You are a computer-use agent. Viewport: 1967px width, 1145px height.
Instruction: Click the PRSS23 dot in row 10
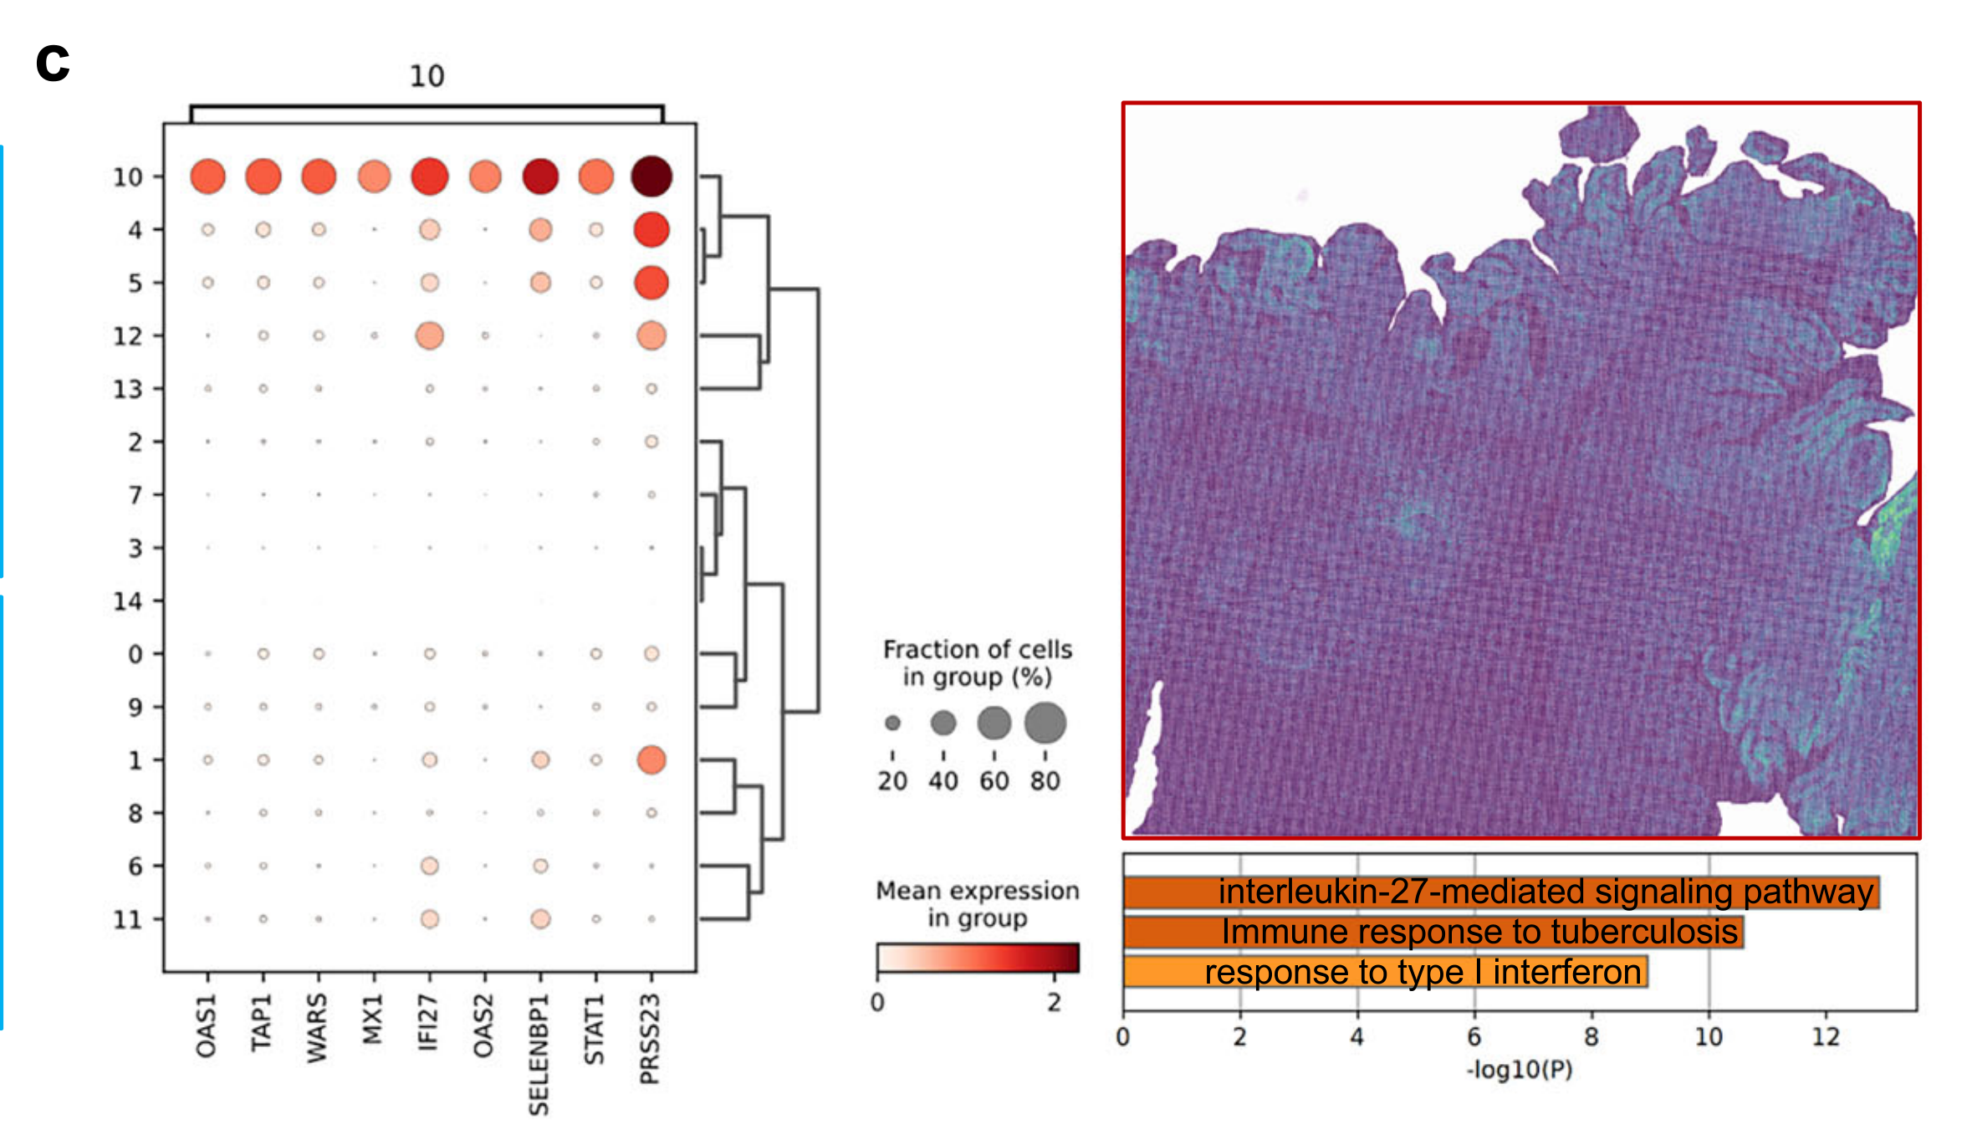(x=651, y=176)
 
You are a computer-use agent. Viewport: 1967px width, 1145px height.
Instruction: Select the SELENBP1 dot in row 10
(x=540, y=176)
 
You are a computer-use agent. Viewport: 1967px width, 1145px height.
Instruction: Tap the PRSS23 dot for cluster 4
(x=651, y=229)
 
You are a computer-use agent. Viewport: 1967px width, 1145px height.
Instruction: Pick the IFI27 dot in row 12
(x=429, y=335)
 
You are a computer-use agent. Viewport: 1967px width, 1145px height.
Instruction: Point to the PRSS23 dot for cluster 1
(x=651, y=759)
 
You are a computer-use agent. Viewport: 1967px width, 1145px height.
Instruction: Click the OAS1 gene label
(x=207, y=1025)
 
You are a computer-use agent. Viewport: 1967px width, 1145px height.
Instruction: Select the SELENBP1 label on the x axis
(x=539, y=1054)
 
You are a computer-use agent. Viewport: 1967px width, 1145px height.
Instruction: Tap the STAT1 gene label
(x=595, y=1029)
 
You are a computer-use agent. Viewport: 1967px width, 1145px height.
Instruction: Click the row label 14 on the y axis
(x=127, y=601)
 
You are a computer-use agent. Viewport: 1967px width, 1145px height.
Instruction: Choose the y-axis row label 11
(x=127, y=919)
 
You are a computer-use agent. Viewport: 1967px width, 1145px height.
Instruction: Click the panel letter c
(x=53, y=63)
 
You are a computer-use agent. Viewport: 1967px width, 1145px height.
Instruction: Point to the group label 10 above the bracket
(x=427, y=77)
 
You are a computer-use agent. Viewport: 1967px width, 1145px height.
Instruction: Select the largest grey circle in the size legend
(x=1045, y=723)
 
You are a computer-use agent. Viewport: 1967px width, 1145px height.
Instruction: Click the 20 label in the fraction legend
(x=892, y=781)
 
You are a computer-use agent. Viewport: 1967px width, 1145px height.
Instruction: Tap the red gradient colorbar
(x=978, y=958)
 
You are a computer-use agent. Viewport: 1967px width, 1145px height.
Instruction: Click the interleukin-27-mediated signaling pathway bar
(x=1501, y=892)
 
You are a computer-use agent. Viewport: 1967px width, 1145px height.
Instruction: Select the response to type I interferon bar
(x=1385, y=972)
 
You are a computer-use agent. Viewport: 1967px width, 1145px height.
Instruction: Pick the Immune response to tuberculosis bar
(x=1433, y=932)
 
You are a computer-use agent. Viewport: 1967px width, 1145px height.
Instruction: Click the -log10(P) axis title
(x=1520, y=1070)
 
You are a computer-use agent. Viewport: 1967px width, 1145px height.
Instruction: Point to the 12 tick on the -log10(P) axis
(x=1826, y=1037)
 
